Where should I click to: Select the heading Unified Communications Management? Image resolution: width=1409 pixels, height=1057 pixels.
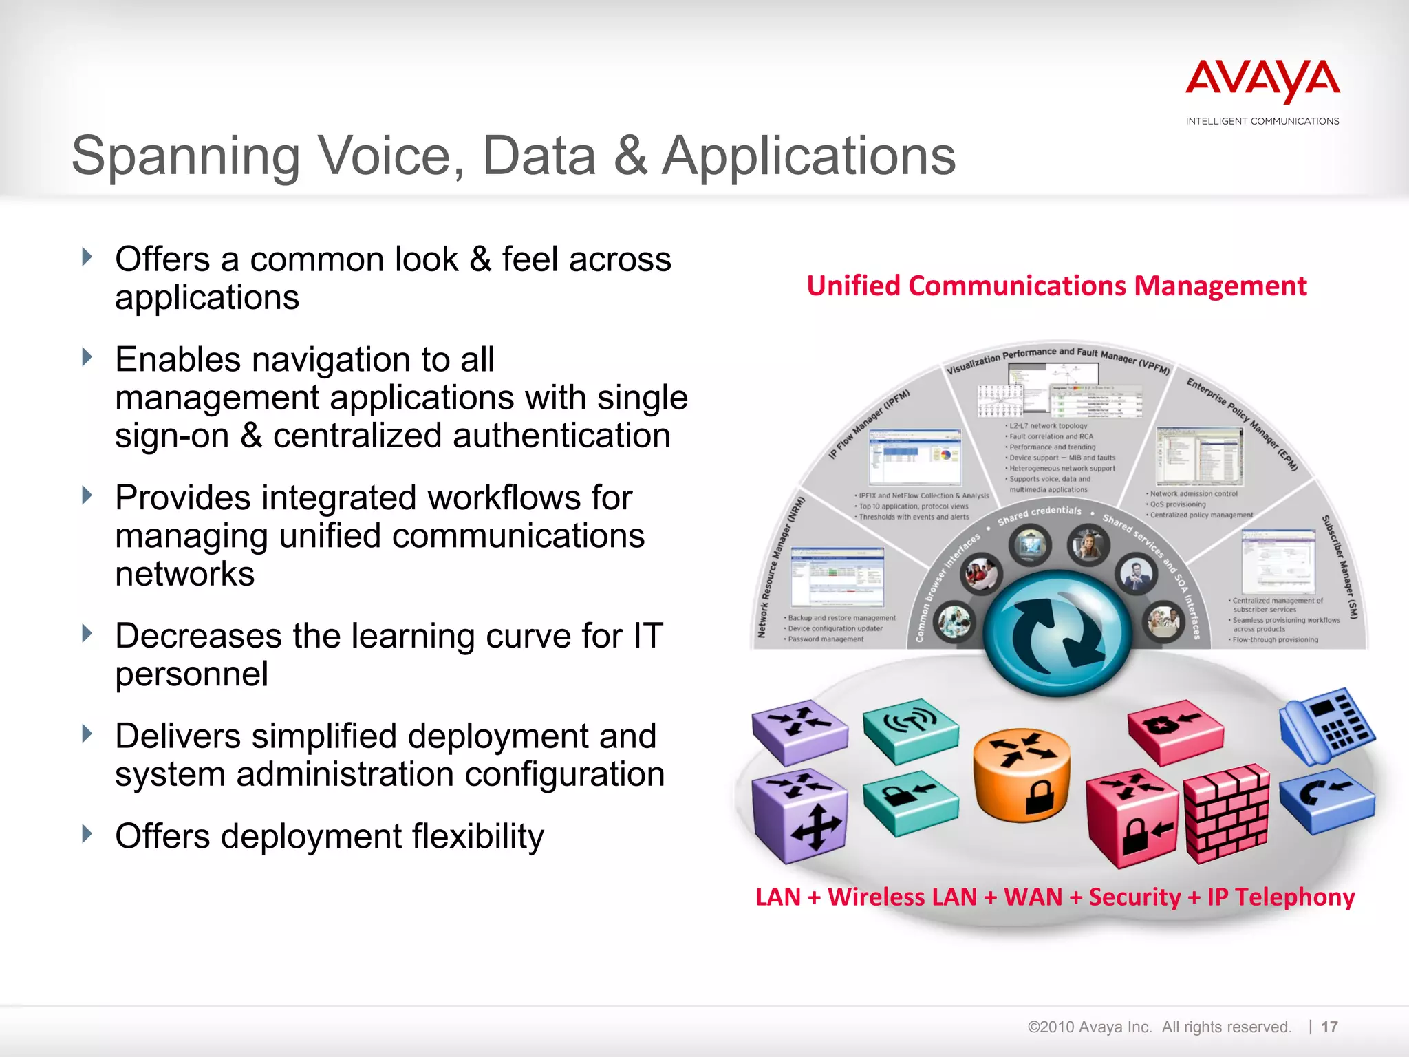point(1056,286)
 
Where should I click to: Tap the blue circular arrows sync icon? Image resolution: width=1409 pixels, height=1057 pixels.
point(1057,632)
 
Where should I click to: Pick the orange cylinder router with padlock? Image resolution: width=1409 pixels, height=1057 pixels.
point(1022,774)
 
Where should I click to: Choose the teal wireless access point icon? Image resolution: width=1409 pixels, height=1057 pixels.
point(910,730)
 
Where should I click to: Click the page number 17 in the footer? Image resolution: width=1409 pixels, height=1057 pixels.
point(1329,1027)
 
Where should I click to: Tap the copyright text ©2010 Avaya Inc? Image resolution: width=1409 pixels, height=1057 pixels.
point(1089,1027)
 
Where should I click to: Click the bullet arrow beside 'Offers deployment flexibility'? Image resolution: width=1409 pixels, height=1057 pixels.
point(87,834)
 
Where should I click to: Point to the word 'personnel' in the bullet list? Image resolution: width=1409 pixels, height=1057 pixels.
point(191,674)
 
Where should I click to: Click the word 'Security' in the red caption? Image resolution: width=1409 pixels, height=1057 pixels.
point(1134,897)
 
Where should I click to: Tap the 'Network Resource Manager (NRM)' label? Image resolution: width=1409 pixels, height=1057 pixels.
point(780,568)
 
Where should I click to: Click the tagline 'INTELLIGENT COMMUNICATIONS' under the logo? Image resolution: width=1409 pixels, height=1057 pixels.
point(1262,121)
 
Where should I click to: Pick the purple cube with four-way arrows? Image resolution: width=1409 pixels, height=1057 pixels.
point(800,815)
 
